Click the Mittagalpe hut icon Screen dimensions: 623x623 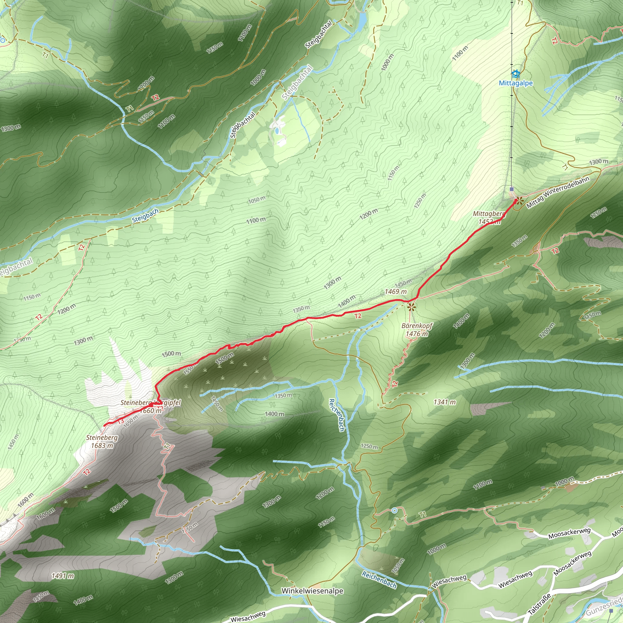pos(516,74)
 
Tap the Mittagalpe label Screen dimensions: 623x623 pos(516,83)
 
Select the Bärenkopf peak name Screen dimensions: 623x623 pos(417,326)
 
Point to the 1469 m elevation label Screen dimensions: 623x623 pos(396,291)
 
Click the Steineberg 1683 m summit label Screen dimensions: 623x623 pos(102,441)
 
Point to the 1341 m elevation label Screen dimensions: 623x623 pos(445,402)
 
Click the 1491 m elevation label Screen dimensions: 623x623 pos(63,576)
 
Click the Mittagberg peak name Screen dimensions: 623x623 pos(489,214)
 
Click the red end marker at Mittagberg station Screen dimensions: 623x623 pos(516,200)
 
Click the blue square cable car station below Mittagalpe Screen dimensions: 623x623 pos(512,189)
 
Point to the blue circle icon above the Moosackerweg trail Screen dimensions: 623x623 pos(395,510)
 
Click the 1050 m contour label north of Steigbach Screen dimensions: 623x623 pos(257,200)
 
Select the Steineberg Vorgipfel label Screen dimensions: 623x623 pos(151,402)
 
